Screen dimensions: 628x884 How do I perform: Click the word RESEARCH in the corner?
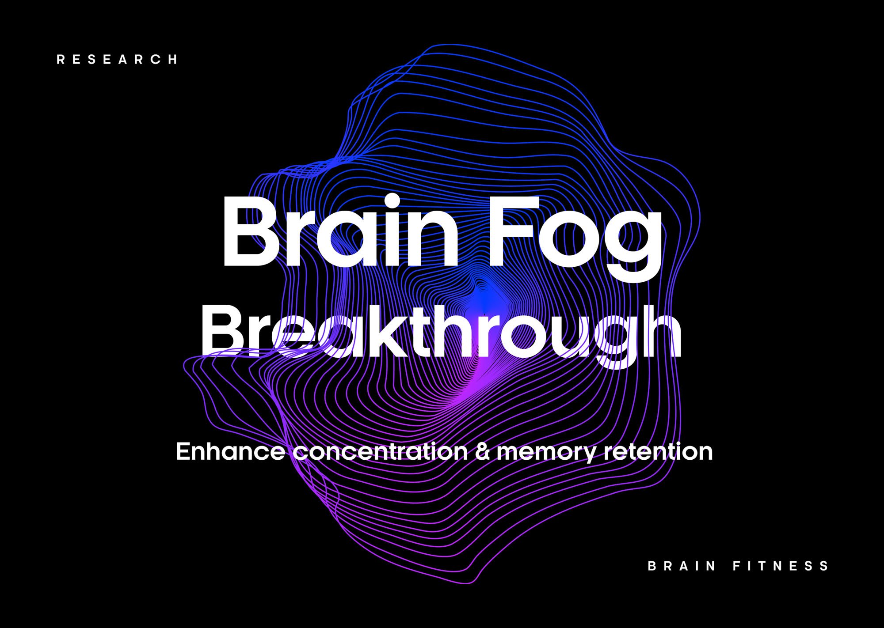tap(117, 60)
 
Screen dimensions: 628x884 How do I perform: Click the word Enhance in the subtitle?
tap(230, 451)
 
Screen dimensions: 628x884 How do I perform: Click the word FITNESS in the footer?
tap(781, 566)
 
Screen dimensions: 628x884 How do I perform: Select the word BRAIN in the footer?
tap(682, 566)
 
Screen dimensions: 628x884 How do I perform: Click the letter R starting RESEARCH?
tap(61, 60)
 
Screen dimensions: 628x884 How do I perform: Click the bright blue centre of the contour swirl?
tap(485, 300)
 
